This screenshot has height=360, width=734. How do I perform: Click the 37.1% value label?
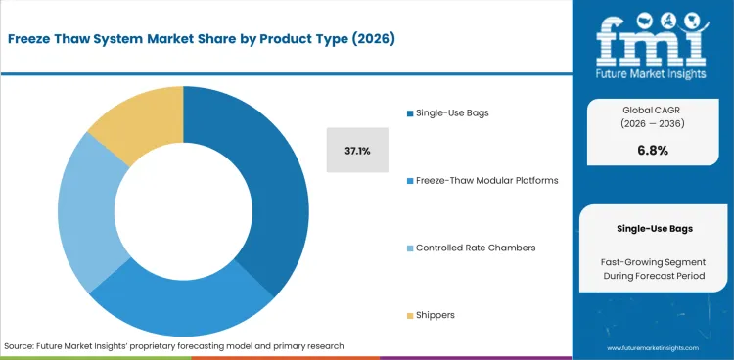tap(356, 152)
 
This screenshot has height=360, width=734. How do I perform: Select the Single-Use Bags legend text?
tap(452, 112)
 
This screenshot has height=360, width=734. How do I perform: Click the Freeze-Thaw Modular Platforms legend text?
tap(486, 180)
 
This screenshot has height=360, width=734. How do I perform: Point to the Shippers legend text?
tap(436, 315)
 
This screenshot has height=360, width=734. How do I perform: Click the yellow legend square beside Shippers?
tap(408, 315)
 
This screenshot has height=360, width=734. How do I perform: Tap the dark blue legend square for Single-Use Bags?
tap(408, 112)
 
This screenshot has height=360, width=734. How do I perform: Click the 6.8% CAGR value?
tap(653, 151)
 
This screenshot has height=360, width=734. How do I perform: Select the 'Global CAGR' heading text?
tap(653, 109)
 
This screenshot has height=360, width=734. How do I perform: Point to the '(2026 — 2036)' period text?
tap(653, 124)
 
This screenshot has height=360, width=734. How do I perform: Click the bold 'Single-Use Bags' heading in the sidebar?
tap(653, 228)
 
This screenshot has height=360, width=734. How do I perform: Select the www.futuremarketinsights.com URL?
tap(653, 347)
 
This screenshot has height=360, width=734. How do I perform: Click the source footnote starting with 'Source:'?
tap(174, 346)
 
